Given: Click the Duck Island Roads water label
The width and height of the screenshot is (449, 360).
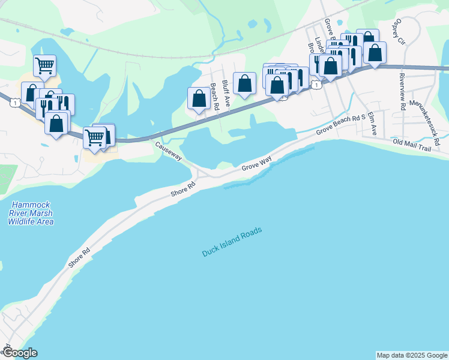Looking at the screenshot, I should (x=232, y=243).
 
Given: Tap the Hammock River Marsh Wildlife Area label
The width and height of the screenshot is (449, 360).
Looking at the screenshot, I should (x=31, y=213).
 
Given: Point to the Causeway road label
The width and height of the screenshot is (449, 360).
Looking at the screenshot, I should (x=169, y=151).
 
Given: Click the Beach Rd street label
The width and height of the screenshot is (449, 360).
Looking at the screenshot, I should (x=214, y=96).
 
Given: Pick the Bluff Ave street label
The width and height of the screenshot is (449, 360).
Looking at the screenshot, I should (x=226, y=94).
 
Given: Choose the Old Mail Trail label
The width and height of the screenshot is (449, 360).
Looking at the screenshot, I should (x=412, y=145).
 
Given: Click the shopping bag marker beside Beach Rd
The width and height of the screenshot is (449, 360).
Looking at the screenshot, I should (x=199, y=98).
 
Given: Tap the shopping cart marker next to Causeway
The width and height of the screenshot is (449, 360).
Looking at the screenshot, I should (x=94, y=137).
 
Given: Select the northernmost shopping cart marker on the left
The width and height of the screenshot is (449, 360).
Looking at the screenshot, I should (x=44, y=65).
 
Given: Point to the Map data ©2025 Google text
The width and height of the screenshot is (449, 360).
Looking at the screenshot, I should (x=411, y=355).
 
